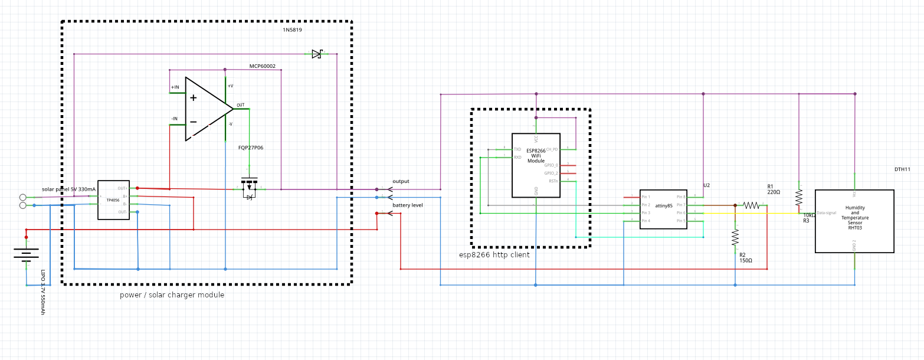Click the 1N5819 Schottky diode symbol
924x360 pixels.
pos(317,54)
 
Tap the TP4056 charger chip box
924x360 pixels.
pos(113,200)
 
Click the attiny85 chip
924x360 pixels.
pos(664,209)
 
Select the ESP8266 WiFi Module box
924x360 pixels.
pos(536,165)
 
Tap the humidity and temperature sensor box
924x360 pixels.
pos(854,221)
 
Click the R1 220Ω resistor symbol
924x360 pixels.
pos(751,205)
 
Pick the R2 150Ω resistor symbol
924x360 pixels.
pos(735,237)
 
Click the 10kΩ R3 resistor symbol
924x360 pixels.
pos(799,196)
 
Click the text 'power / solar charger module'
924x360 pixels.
pos(172,294)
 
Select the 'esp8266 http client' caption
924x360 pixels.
pos(494,255)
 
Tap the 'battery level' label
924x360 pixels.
pos(408,205)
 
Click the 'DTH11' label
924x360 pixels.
pos(902,169)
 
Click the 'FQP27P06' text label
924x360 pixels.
pos(251,148)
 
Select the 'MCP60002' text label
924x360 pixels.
pos(262,66)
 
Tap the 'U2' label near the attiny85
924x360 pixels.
pos(706,185)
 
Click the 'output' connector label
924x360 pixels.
pos(401,181)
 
